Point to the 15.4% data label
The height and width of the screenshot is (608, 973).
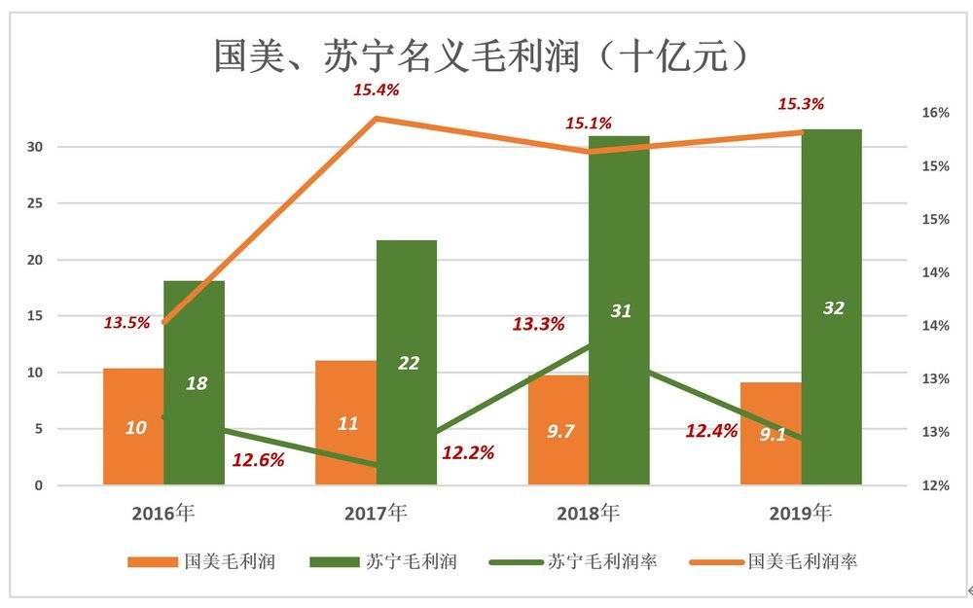pyautogui.click(x=376, y=90)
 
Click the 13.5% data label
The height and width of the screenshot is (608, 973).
pyautogui.click(x=126, y=323)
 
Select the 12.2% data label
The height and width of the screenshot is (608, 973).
pyautogui.click(x=468, y=452)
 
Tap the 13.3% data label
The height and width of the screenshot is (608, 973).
pyautogui.click(x=538, y=325)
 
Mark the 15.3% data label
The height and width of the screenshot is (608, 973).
pyautogui.click(x=801, y=104)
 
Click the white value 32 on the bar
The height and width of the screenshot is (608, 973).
pyautogui.click(x=833, y=308)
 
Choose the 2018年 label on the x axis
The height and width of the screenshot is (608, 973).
pyautogui.click(x=589, y=513)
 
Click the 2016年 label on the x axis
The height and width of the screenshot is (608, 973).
pyautogui.click(x=164, y=513)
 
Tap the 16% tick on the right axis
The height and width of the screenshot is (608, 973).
pyautogui.click(x=935, y=113)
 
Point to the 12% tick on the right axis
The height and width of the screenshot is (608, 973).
pyautogui.click(x=935, y=484)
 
